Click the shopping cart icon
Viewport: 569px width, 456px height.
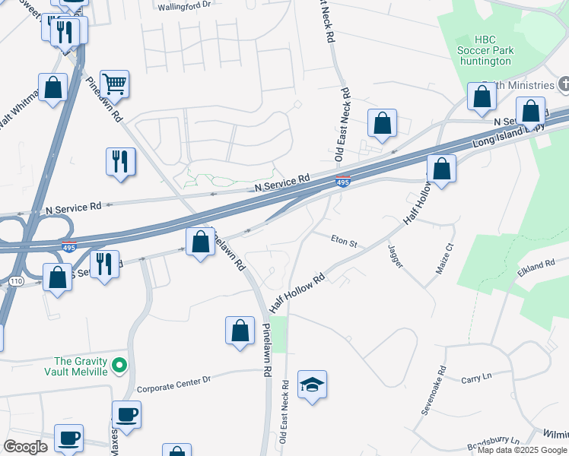[114, 83]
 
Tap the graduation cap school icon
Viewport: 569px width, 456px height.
[312, 385]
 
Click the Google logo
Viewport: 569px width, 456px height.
[25, 447]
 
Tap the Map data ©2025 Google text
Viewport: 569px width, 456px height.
[522, 450]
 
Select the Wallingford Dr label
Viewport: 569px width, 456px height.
[184, 6]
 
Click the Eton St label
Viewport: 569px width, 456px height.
[344, 242]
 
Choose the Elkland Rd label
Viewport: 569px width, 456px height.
[540, 266]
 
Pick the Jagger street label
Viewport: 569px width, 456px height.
[395, 255]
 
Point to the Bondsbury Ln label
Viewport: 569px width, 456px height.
[494, 441]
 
